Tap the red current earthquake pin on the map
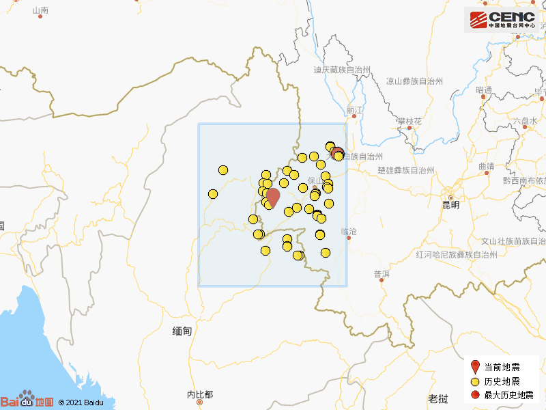click(x=272, y=197)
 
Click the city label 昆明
click(x=450, y=204)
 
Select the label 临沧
click(x=349, y=232)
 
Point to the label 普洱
click(x=382, y=274)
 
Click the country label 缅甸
click(x=182, y=331)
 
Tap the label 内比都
click(x=200, y=394)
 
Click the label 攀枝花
click(x=409, y=121)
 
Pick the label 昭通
click(x=484, y=90)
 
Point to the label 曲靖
click(x=486, y=166)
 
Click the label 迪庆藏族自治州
click(x=341, y=70)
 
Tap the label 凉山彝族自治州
click(x=415, y=81)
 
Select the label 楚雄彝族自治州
click(x=406, y=172)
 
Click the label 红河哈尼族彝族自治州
click(x=457, y=255)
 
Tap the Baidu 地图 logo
click(x=27, y=401)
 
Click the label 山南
click(x=40, y=10)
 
